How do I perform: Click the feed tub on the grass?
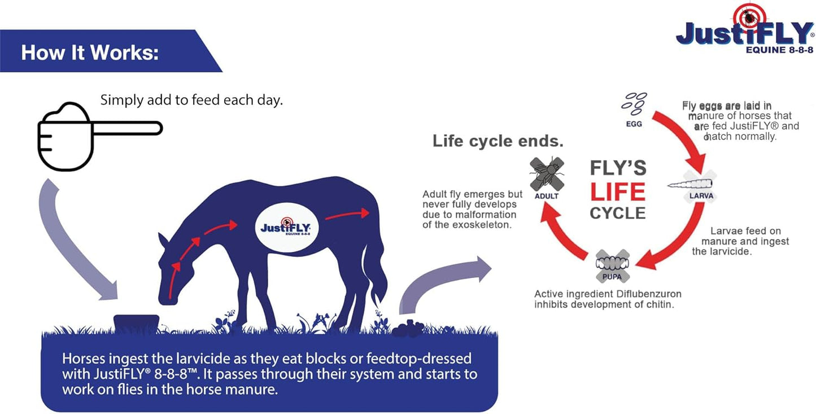136,323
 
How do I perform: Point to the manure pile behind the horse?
408,329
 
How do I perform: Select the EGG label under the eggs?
634,124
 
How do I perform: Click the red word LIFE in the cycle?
617,192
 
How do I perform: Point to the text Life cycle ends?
498,141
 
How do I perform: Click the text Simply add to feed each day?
191,101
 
